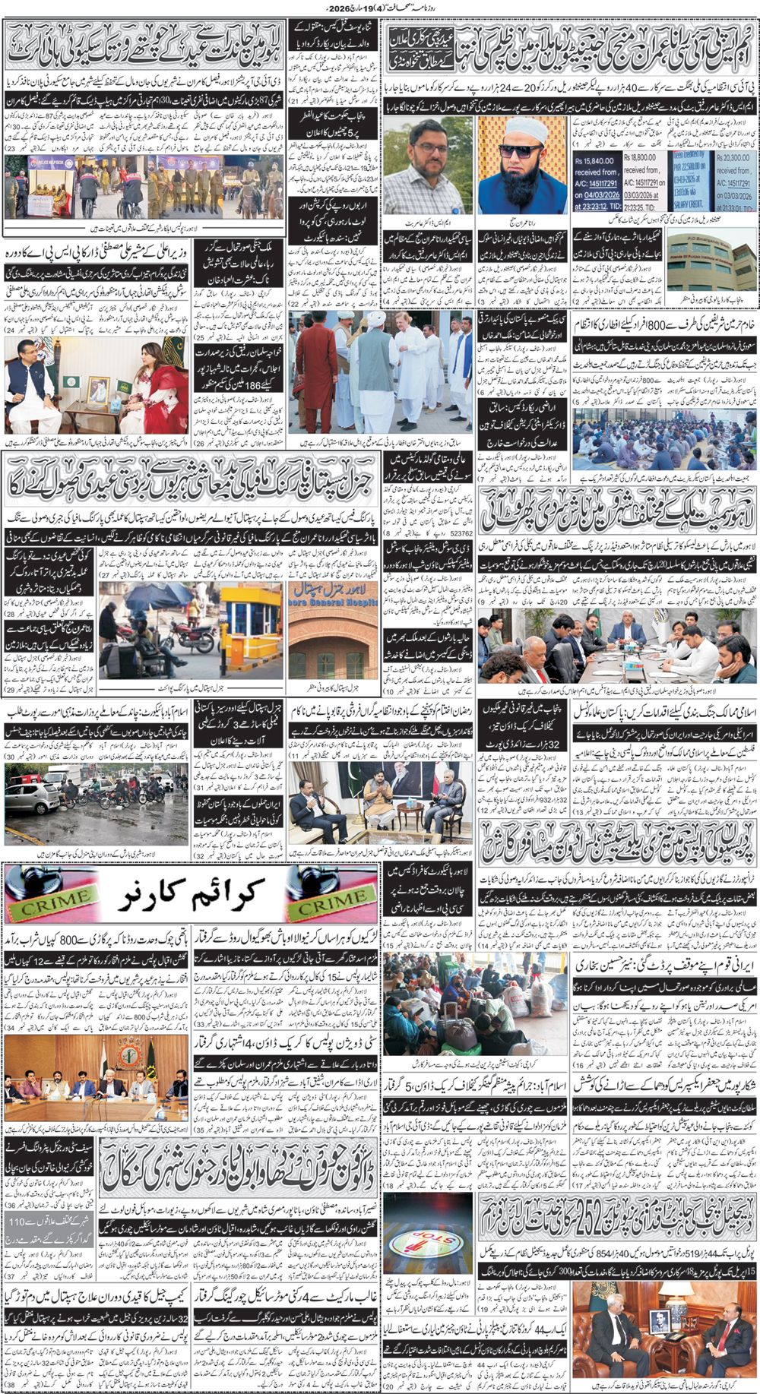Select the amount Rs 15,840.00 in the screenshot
click(596, 161)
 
